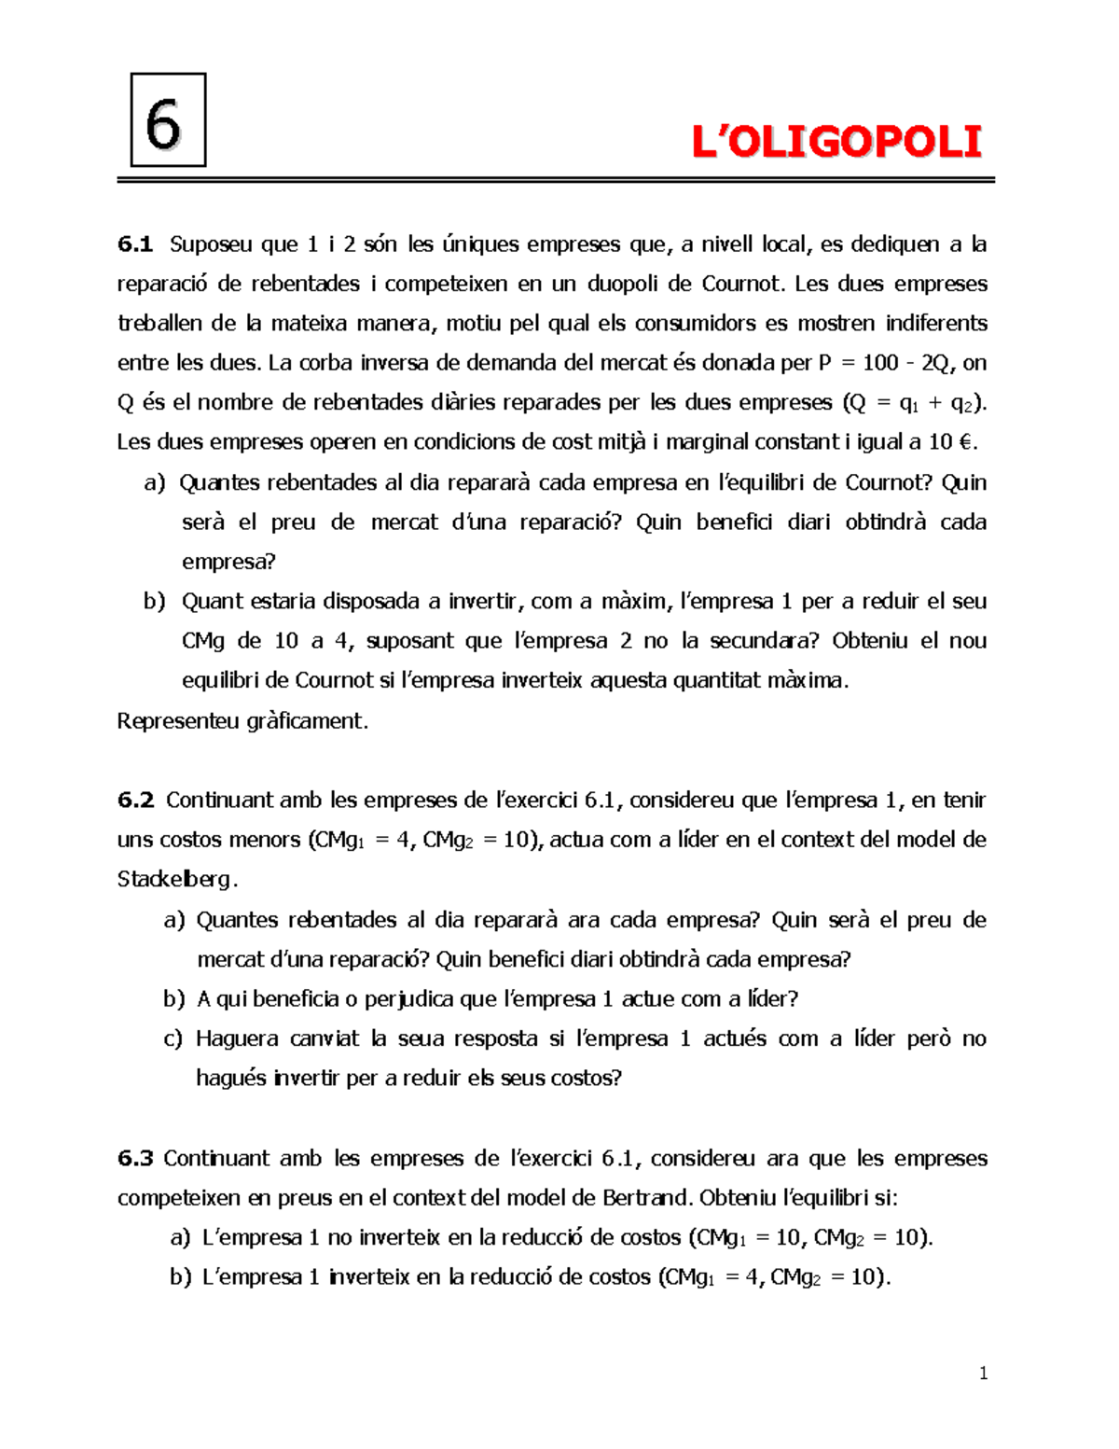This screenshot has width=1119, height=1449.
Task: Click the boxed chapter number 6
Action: tap(167, 121)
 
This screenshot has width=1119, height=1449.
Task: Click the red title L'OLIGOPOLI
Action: tap(836, 143)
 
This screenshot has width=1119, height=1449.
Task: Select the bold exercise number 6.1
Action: tap(135, 244)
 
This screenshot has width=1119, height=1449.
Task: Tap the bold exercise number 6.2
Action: tap(135, 801)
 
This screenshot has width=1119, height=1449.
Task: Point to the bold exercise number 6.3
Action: tap(135, 1159)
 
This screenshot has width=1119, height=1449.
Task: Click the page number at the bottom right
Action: tap(983, 1372)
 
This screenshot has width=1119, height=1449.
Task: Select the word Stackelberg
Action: tap(176, 879)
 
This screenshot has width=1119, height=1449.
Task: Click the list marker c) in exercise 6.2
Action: tap(173, 1038)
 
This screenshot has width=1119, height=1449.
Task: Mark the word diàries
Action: tap(533, 403)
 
